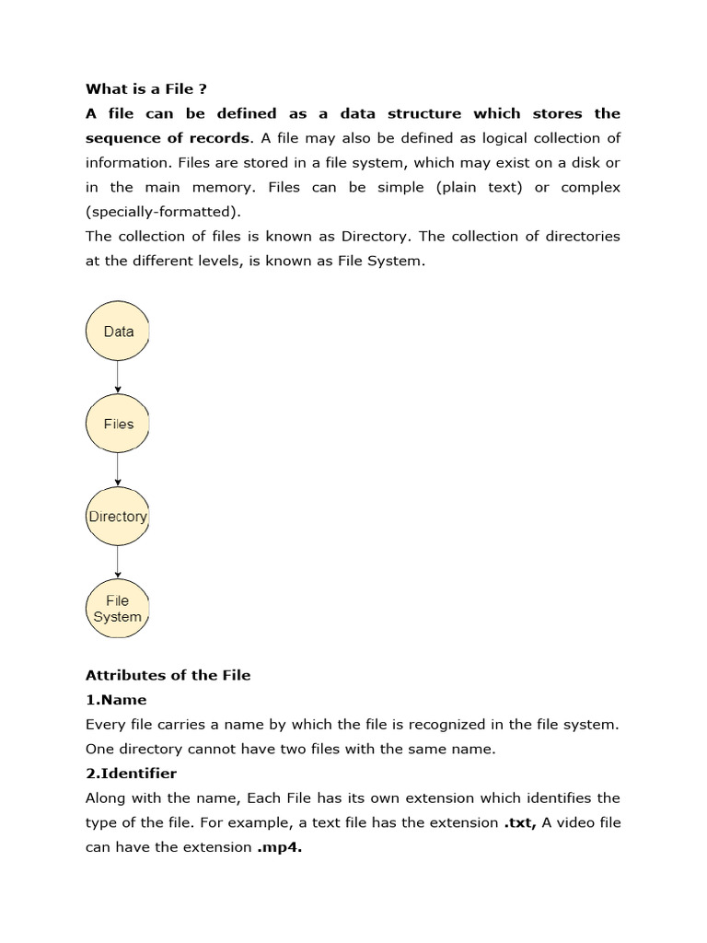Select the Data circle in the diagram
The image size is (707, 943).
(118, 332)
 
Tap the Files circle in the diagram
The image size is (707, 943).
(118, 424)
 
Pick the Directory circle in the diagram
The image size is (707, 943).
(118, 517)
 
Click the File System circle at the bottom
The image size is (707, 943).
(118, 609)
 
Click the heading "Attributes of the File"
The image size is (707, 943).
(168, 675)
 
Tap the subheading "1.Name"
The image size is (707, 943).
(116, 700)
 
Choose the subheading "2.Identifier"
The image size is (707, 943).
(131, 774)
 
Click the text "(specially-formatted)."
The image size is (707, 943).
(163, 212)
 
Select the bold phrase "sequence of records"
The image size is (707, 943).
(168, 138)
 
